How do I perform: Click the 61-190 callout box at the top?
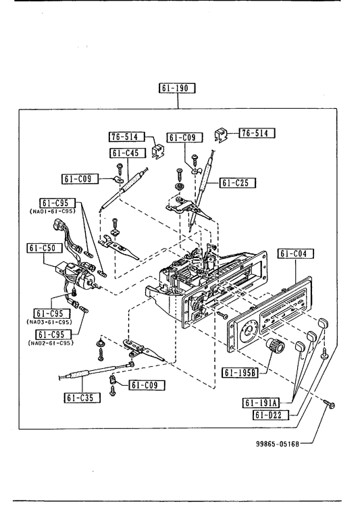click(x=177, y=88)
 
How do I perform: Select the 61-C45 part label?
click(x=128, y=153)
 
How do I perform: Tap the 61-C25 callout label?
click(x=238, y=183)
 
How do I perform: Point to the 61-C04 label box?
click(x=295, y=253)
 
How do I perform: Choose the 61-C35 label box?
click(x=82, y=397)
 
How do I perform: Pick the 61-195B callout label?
click(x=240, y=373)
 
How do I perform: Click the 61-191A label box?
click(x=261, y=403)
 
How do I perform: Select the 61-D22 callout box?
click(x=271, y=415)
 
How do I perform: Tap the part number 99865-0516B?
click(x=278, y=444)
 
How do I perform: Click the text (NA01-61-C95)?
click(x=52, y=211)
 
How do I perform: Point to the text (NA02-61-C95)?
click(x=51, y=343)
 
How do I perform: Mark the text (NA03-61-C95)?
click(x=49, y=322)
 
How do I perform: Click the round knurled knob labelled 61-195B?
click(x=276, y=346)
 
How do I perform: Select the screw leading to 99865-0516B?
click(x=330, y=403)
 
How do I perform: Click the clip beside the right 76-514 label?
click(x=221, y=134)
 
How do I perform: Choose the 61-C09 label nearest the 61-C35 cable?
click(x=147, y=384)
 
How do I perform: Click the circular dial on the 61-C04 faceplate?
click(x=249, y=332)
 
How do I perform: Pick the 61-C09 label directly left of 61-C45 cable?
click(x=80, y=179)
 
